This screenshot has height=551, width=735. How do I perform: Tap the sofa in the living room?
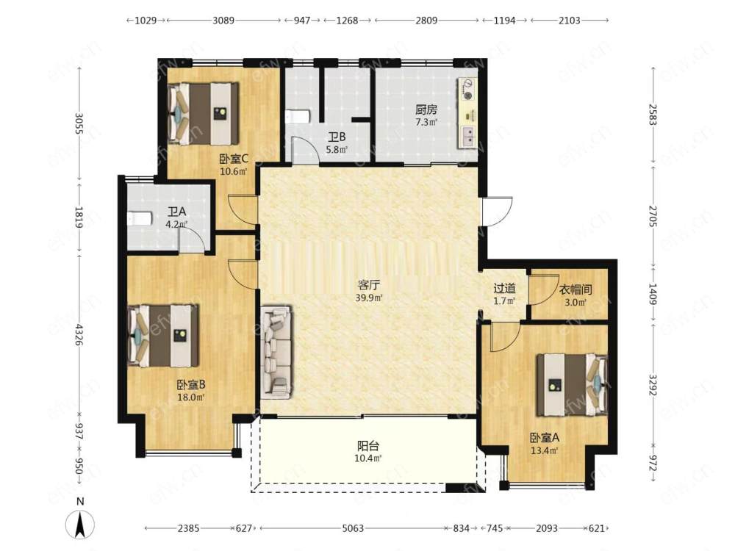tap(276, 353)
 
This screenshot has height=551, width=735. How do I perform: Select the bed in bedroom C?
tap(203, 114)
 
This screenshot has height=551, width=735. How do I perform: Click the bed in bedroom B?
tap(163, 336)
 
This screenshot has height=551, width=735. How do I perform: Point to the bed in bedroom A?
tap(572, 385)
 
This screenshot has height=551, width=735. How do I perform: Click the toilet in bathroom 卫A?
tap(140, 218)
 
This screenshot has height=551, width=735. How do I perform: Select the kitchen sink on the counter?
tap(467, 137)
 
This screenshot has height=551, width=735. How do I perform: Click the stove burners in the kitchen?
tap(467, 90)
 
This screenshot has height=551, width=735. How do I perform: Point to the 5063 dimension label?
tap(353, 528)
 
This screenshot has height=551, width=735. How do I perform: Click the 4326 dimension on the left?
tap(79, 334)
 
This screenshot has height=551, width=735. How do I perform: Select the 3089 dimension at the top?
tap(223, 20)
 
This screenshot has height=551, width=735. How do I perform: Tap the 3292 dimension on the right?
tap(653, 384)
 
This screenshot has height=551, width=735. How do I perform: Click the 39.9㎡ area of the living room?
tap(369, 298)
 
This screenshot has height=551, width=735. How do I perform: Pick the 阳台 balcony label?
tap(368, 446)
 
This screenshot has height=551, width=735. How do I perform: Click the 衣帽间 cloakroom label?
tap(576, 289)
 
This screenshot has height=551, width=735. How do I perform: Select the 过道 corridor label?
tap(504, 288)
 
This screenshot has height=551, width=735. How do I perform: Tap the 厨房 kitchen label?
tap(426, 109)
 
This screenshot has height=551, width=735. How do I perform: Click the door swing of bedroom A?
tap(506, 336)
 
